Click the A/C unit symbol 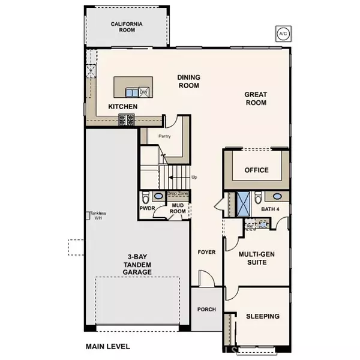click(x=281, y=33)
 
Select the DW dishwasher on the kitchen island click(x=143, y=92)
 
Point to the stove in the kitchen click(x=127, y=120)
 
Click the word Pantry click(x=165, y=136)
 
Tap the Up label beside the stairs click(x=194, y=178)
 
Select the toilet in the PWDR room click(x=145, y=196)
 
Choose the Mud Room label click(x=177, y=209)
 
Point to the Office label click(x=256, y=170)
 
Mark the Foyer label click(x=206, y=252)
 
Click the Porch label click(x=206, y=310)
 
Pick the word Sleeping click(x=262, y=316)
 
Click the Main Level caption click(x=107, y=346)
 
